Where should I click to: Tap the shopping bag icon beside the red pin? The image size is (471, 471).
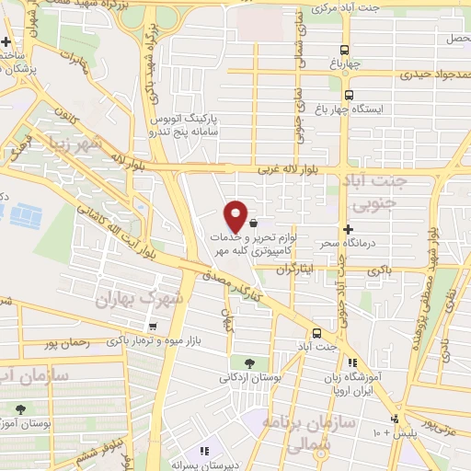coord(252,221)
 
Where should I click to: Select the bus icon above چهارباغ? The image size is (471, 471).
coord(344,51)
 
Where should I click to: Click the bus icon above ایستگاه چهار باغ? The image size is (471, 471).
coord(349,94)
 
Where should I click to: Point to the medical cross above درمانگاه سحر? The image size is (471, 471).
coord(348,228)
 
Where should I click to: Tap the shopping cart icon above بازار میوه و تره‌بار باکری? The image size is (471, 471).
coord(151,327)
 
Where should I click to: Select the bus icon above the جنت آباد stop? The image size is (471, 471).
coord(316,332)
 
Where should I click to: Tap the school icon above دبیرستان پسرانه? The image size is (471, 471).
coord(205,451)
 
